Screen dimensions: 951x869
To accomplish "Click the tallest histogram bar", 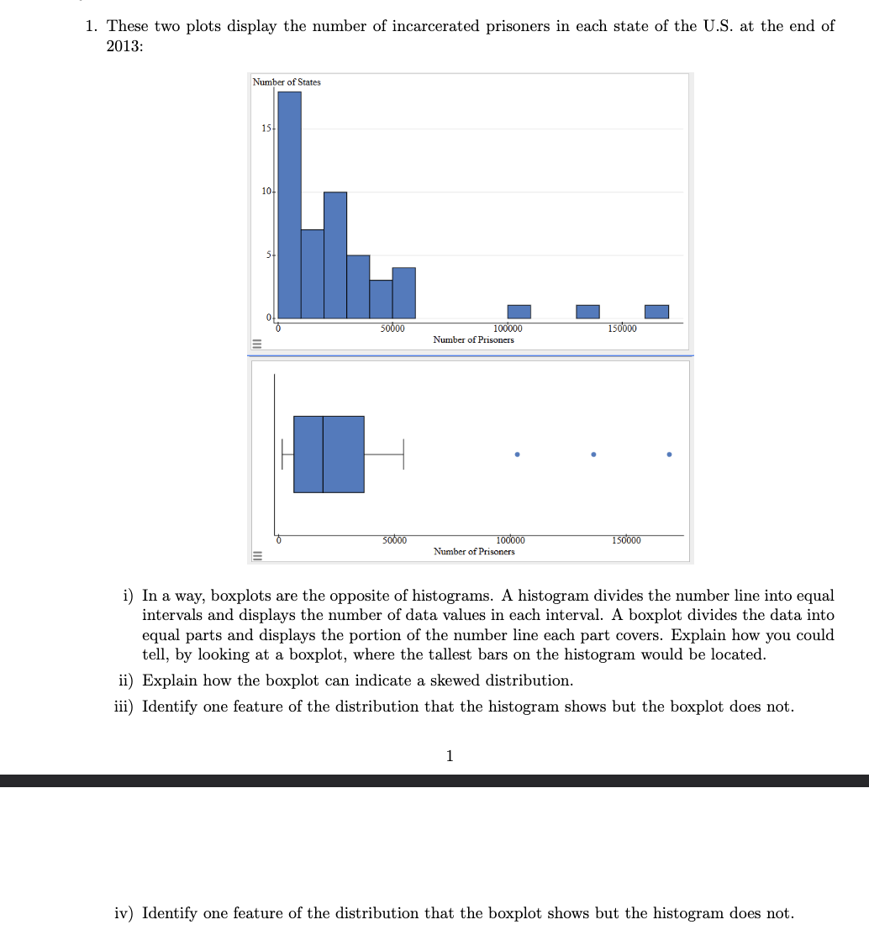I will pyautogui.click(x=289, y=205).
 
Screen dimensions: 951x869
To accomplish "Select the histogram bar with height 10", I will pyautogui.click(x=335, y=255).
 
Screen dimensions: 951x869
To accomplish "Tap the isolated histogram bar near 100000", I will pyautogui.click(x=519, y=312).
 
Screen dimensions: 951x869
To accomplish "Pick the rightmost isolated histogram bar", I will pyautogui.click(x=656, y=312).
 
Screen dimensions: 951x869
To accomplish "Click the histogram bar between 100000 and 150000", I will pyautogui.click(x=587, y=312).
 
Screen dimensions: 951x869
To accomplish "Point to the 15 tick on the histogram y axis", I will pyautogui.click(x=266, y=129).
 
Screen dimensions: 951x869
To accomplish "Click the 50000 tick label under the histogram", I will pyautogui.click(x=392, y=328).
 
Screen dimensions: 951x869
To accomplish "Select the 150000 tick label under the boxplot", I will pyautogui.click(x=626, y=540).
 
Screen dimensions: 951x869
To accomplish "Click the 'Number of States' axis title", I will pyautogui.click(x=287, y=81).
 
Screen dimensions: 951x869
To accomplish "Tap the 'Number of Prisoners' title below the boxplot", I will pyautogui.click(x=474, y=551).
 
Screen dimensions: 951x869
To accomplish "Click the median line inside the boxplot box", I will pyautogui.click(x=323, y=454).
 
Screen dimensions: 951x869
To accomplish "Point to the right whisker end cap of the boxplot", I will pyautogui.click(x=403, y=454).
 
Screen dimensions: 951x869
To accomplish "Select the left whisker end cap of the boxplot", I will pyautogui.click(x=282, y=454).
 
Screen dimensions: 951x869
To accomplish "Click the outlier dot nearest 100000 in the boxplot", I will pyautogui.click(x=517, y=454).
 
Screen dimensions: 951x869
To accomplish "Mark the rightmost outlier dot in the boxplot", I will pyautogui.click(x=669, y=454).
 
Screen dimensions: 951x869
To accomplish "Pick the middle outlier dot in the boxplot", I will pyautogui.click(x=593, y=454).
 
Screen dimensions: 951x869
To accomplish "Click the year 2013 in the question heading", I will pyautogui.click(x=124, y=46).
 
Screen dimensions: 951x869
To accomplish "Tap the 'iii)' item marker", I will pyautogui.click(x=125, y=707).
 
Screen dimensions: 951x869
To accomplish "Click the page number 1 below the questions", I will pyautogui.click(x=449, y=756).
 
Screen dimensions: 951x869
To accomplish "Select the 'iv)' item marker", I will pyautogui.click(x=126, y=913).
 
